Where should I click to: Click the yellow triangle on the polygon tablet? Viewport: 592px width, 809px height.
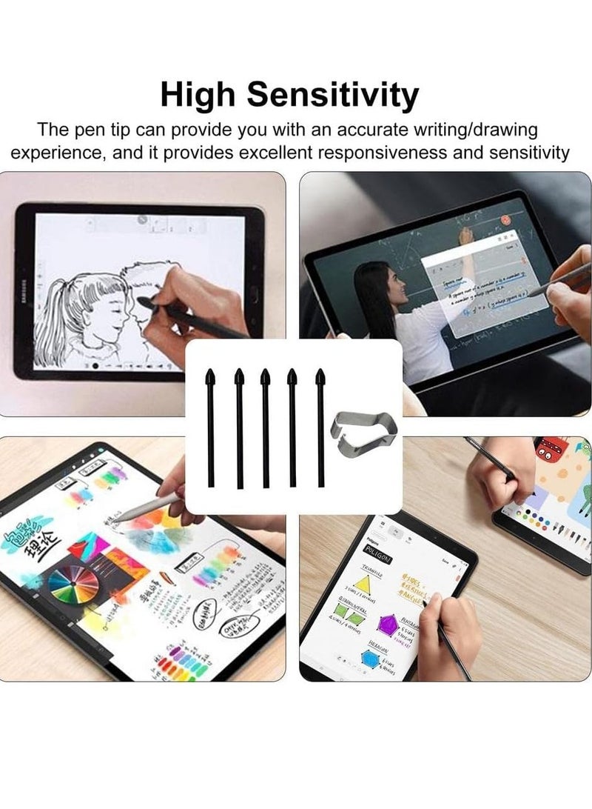(x=362, y=584)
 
